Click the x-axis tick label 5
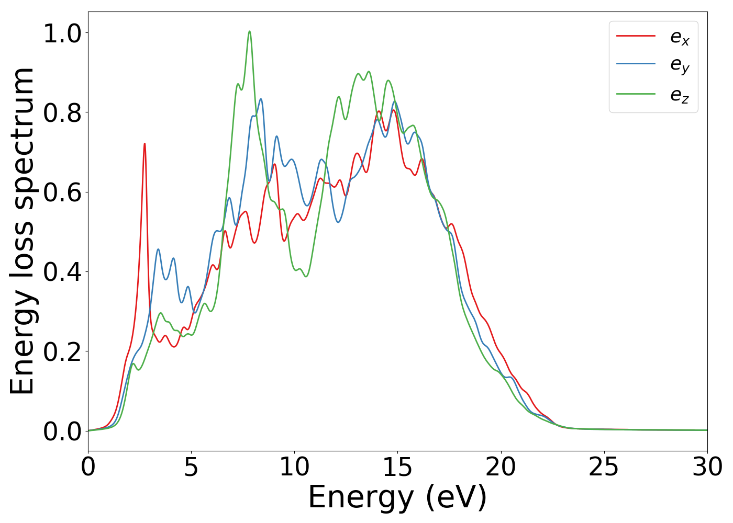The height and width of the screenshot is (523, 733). (191, 467)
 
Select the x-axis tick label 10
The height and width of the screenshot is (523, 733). (294, 467)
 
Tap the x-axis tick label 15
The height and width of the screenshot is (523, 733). (397, 467)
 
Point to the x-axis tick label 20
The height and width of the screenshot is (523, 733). (501, 467)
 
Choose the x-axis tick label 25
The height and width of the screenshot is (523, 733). (604, 467)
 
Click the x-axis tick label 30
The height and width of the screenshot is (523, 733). (707, 467)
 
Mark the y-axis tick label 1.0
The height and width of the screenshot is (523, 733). (62, 34)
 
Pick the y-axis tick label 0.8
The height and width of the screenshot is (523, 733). (62, 113)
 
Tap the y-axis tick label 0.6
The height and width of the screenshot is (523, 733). (62, 192)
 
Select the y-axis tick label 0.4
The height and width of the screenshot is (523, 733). (62, 272)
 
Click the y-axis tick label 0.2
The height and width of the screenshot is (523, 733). (62, 351)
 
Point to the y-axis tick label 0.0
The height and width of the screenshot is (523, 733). (62, 431)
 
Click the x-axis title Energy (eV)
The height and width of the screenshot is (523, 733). (397, 497)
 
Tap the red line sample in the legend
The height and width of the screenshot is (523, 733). (636, 36)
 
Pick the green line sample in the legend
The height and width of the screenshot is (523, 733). (636, 94)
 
